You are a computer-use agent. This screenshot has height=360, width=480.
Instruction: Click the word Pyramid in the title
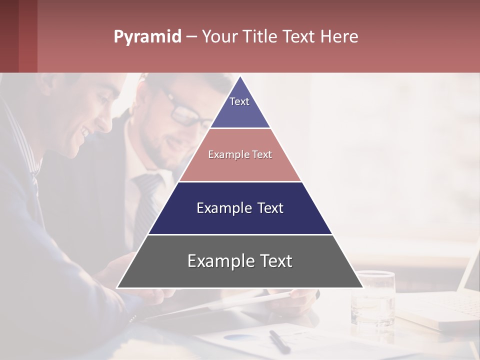(147, 37)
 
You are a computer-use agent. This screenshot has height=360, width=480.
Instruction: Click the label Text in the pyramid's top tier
(239, 101)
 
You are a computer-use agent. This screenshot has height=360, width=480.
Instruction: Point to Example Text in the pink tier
(240, 154)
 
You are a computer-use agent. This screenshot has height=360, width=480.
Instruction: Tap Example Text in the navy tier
(240, 208)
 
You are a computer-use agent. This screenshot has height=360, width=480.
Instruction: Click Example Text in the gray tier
(240, 261)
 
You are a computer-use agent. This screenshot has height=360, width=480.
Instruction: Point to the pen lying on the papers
(279, 341)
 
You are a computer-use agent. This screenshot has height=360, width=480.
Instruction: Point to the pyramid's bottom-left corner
(117, 287)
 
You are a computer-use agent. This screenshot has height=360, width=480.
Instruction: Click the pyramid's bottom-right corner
(363, 287)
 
